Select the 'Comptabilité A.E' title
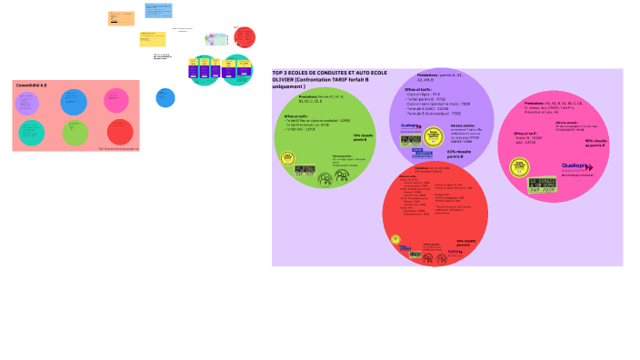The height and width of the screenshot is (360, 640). coord(32,85)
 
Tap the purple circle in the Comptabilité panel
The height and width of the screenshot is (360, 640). coord(28,103)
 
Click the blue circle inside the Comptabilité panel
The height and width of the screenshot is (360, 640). coord(74,102)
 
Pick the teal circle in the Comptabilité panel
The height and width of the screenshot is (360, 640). coord(32,133)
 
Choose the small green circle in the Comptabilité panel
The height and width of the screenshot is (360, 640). coord(75,133)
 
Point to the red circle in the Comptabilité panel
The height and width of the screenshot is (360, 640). coord(120,132)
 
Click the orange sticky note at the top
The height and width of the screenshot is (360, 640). coord(121,18)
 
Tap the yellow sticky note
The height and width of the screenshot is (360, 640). coord(152,38)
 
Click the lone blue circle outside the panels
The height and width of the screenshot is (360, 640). coord(165,97)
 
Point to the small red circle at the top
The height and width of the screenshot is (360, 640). coord(245,37)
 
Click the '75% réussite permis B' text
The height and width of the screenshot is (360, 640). coord(363,136)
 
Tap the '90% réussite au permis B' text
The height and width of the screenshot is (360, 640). coord(595,143)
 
